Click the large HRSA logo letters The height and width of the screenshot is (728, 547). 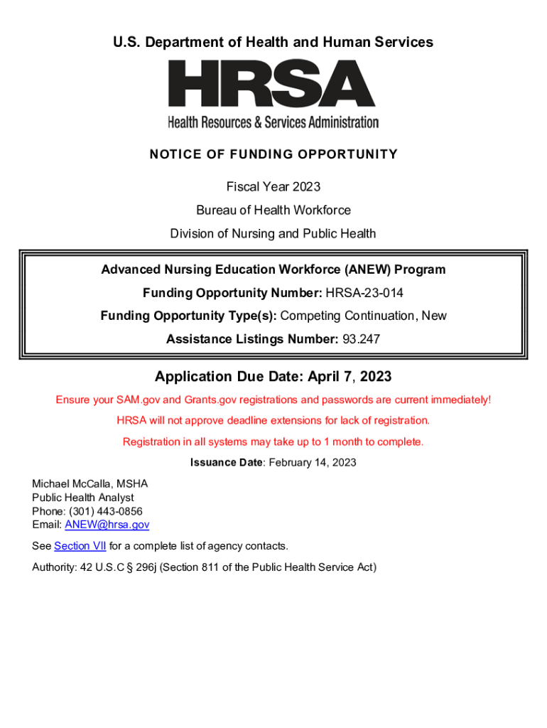tap(272, 83)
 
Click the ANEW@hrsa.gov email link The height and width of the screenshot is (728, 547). tap(107, 525)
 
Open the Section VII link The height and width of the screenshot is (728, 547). tap(80, 546)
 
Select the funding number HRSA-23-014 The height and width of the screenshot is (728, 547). tap(364, 293)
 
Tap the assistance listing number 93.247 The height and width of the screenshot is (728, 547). tap(361, 340)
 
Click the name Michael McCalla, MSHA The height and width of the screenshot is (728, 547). tap(90, 484)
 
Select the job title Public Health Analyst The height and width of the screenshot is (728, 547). tap(82, 498)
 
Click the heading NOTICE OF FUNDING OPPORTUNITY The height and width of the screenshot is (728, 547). tap(273, 154)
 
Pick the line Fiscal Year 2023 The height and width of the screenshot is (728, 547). tap(273, 187)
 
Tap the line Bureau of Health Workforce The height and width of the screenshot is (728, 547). tap(273, 210)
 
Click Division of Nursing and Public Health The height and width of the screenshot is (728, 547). tap(273, 234)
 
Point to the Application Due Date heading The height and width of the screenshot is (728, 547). tap(273, 376)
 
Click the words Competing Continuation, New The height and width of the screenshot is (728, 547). tap(364, 316)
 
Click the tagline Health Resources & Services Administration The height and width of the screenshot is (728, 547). tap(273, 122)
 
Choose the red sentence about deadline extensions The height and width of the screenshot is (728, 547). tap(273, 420)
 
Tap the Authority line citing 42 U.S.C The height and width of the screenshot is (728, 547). tap(204, 567)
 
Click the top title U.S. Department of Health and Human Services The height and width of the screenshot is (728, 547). tap(273, 43)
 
